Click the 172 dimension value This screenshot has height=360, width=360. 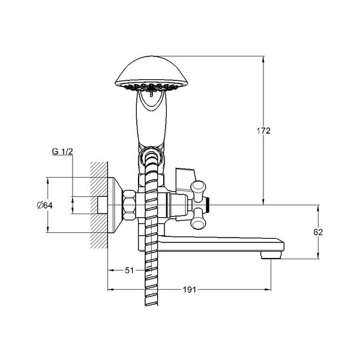point(263,131)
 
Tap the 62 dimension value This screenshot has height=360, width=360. point(318,232)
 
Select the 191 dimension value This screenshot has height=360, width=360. point(190,290)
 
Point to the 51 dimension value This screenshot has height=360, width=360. point(129,271)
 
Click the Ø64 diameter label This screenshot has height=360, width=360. point(45,205)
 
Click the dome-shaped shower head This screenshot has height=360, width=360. point(152,73)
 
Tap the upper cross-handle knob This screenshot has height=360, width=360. point(199,187)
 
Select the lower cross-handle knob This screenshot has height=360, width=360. point(199,222)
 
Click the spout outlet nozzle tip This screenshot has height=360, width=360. point(271,255)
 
